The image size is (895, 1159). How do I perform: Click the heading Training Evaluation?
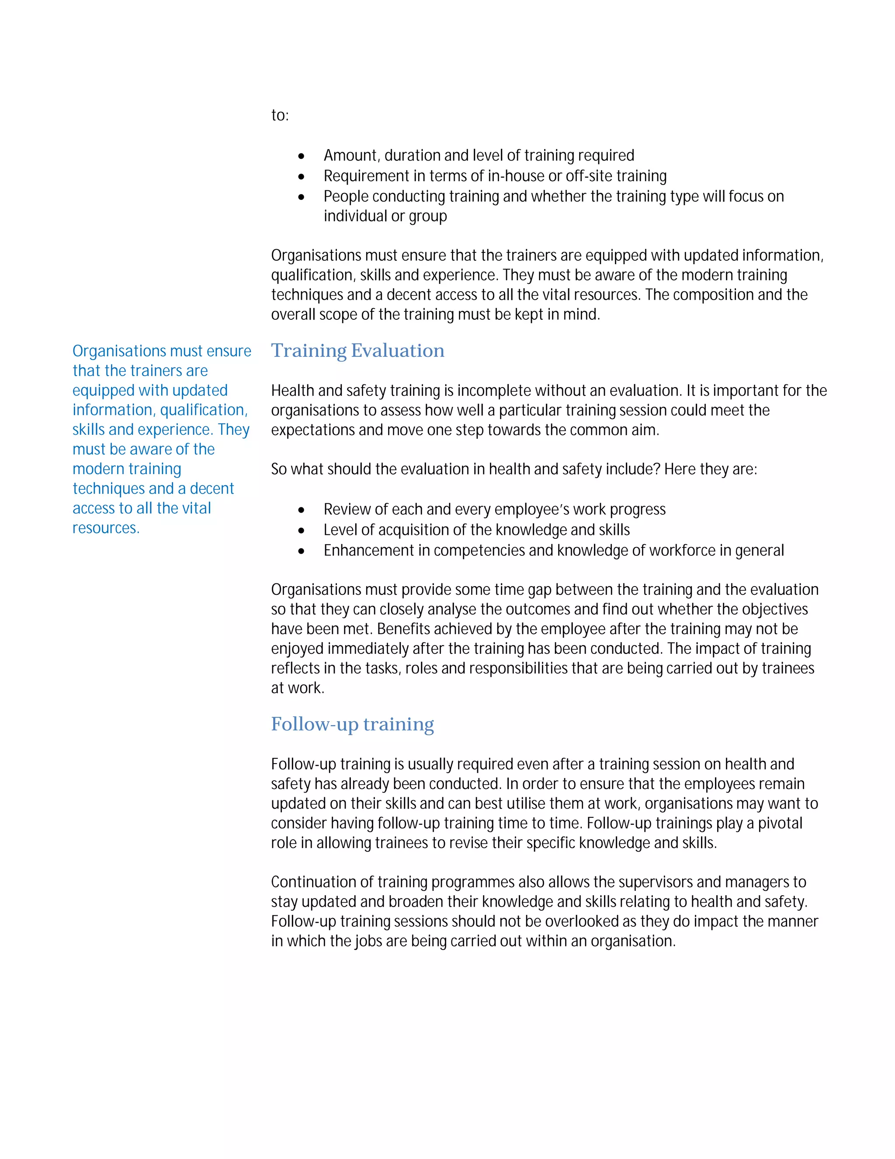point(357,351)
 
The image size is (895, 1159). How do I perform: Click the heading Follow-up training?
point(352,724)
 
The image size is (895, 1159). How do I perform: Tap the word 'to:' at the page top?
point(279,115)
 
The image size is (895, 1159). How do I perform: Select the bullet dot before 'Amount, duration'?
point(301,156)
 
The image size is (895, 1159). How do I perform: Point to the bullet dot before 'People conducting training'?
point(301,197)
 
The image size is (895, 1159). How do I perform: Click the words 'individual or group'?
point(385,216)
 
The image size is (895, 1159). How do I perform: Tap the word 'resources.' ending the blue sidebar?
point(105,528)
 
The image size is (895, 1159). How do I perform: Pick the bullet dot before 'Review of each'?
point(301,510)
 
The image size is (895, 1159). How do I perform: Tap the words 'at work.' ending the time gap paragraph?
point(298,688)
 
